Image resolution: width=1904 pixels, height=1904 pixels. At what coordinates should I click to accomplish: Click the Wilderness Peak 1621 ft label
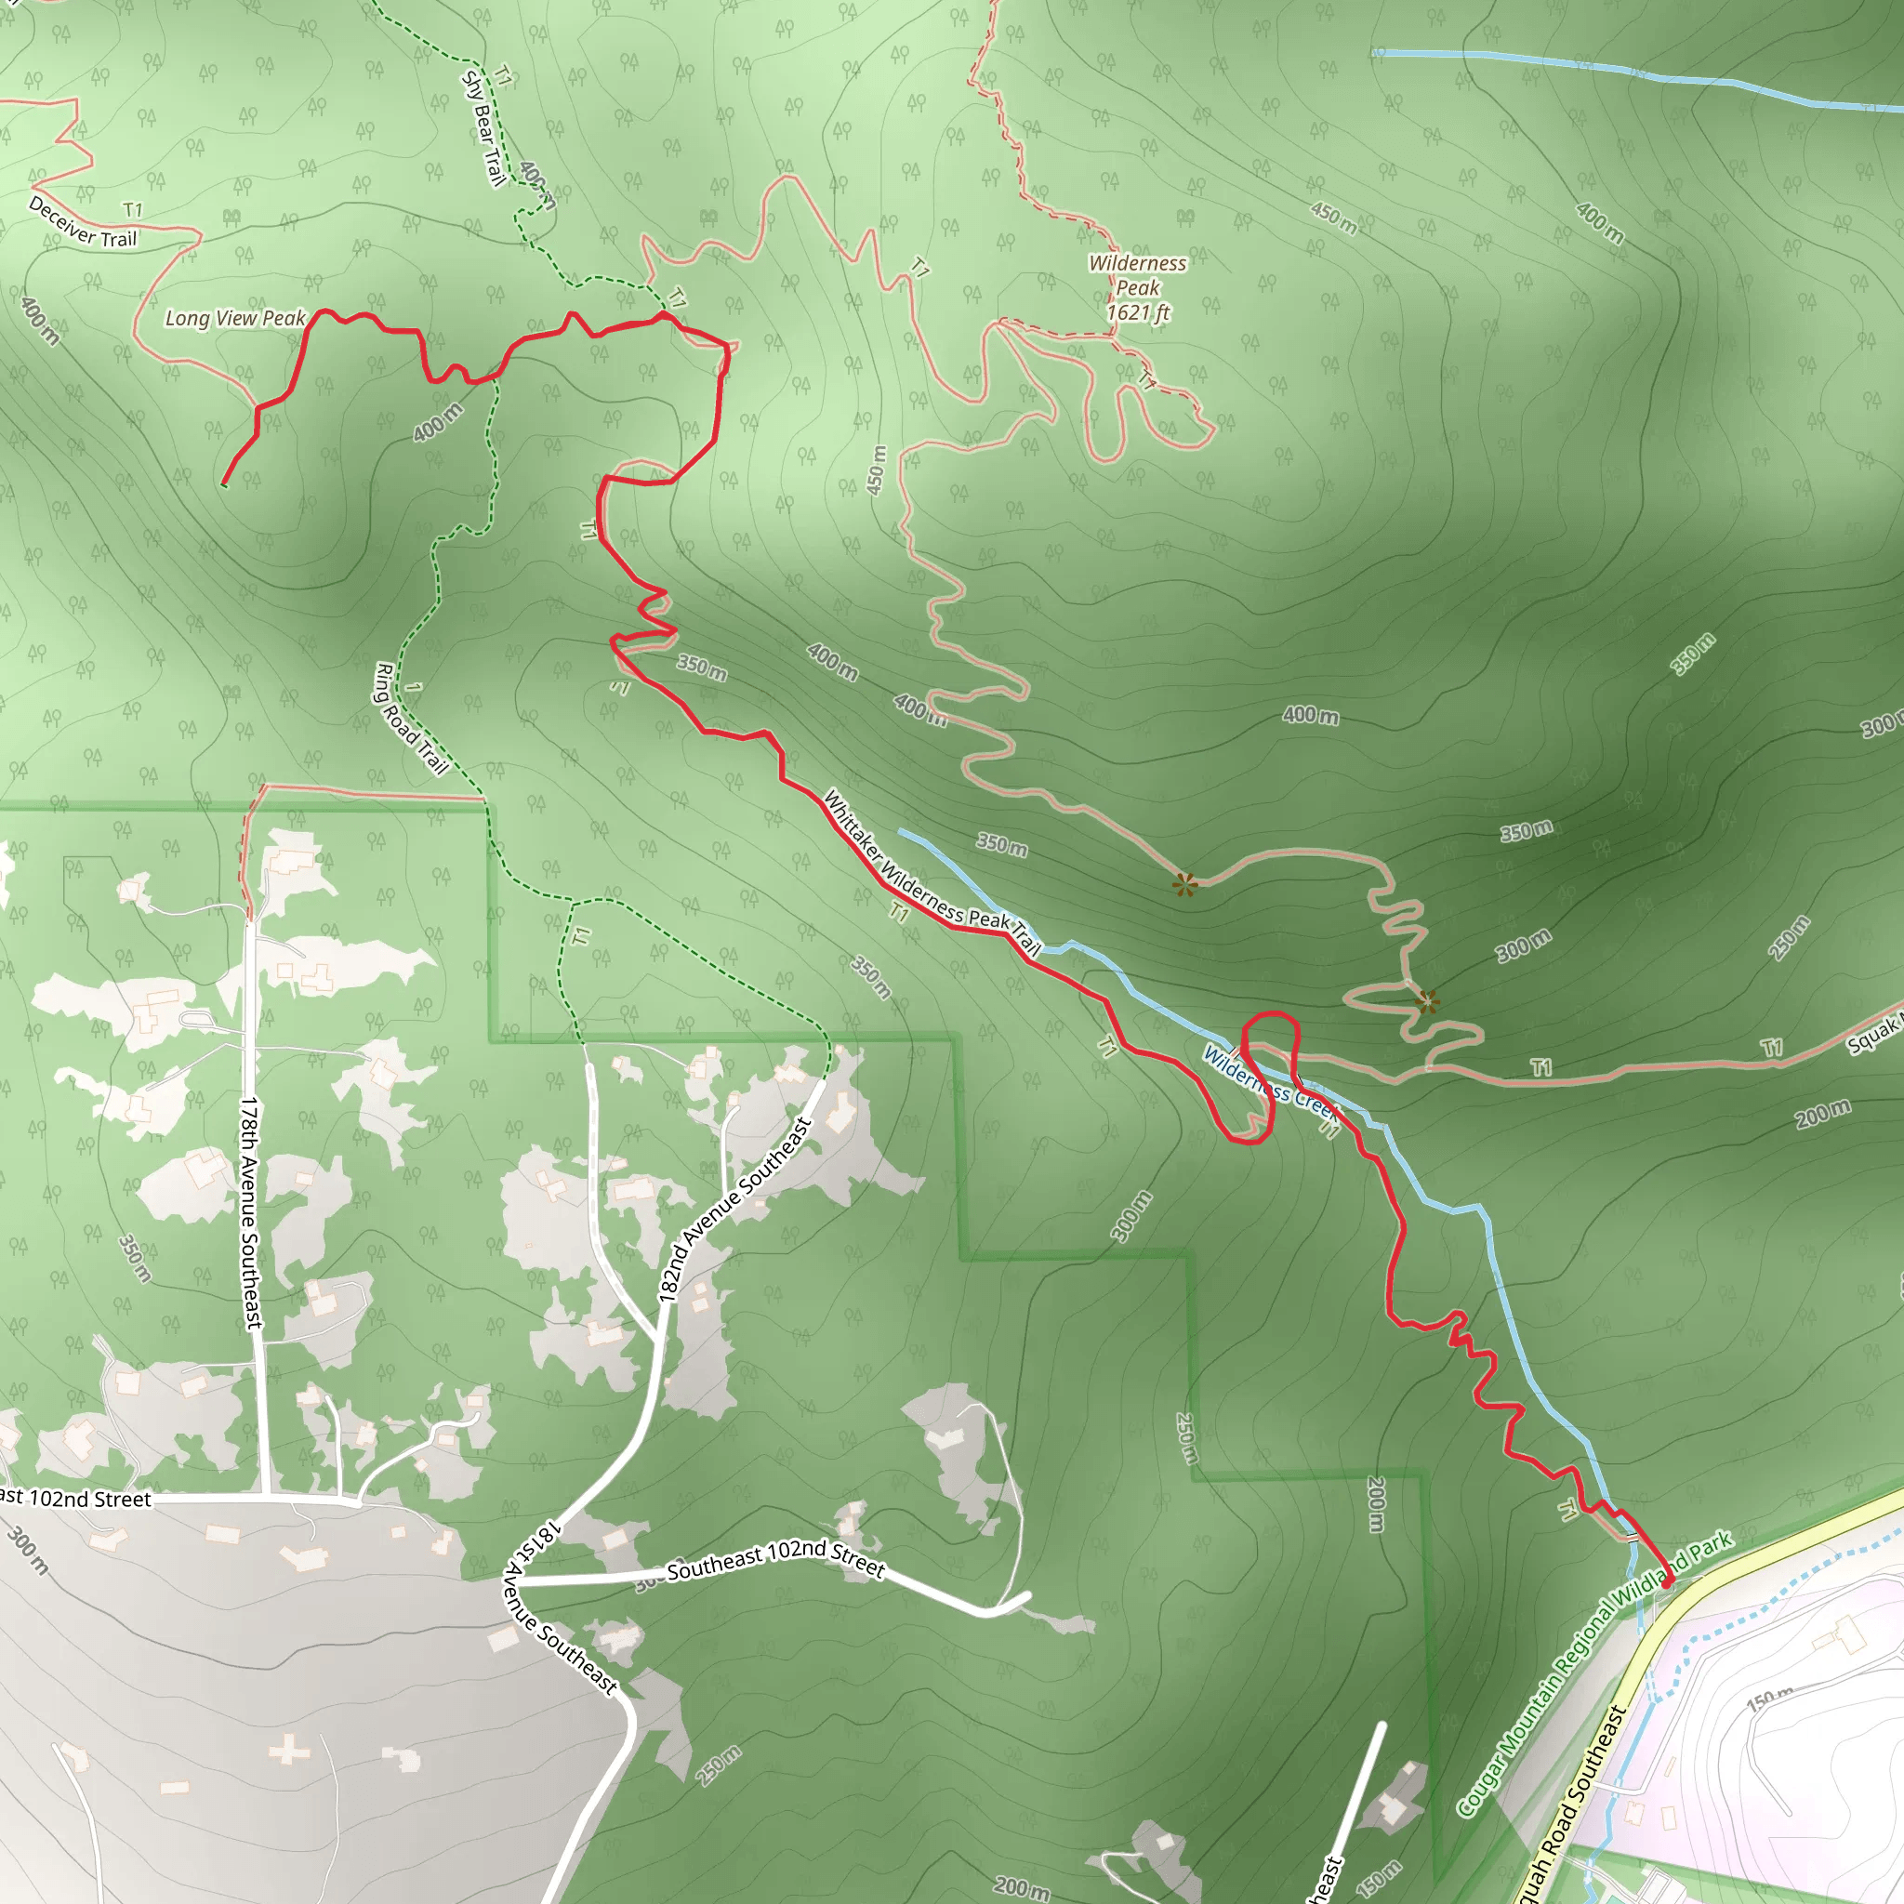[x=1137, y=288]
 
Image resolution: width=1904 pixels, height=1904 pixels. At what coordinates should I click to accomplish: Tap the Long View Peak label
[x=234, y=318]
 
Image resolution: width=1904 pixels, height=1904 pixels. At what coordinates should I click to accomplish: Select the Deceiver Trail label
[x=82, y=224]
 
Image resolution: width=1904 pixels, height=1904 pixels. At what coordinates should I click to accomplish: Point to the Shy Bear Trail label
[x=483, y=128]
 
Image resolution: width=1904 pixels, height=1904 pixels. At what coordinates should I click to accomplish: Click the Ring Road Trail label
[x=411, y=720]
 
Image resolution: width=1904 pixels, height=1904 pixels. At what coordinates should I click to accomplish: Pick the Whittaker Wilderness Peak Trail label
[x=932, y=874]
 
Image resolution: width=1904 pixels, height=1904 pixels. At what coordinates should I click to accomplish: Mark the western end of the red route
[x=225, y=483]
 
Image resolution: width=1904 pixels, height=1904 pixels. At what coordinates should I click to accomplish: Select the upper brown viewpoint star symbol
[x=1185, y=884]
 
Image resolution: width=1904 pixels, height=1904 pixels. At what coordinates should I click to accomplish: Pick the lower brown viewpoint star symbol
[x=1427, y=1003]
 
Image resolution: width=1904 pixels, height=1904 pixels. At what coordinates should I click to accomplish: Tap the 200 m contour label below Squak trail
[x=1822, y=1115]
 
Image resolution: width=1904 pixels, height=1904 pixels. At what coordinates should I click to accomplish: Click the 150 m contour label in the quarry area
[x=1770, y=1698]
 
